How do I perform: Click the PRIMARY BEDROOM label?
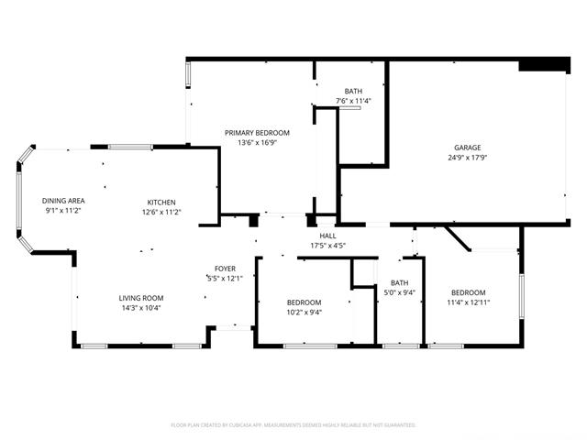(x=257, y=133)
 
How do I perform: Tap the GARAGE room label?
(x=467, y=148)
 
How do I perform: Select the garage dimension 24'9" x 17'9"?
(x=467, y=158)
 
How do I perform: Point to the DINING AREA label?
(x=63, y=201)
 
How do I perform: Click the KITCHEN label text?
(x=161, y=203)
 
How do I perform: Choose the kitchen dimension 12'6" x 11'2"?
(x=161, y=212)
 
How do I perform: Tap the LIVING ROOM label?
(x=141, y=298)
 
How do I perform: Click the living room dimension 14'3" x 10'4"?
(x=141, y=308)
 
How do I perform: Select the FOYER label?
(x=225, y=269)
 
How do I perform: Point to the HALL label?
(x=327, y=236)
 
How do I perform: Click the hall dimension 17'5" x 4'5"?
(x=327, y=246)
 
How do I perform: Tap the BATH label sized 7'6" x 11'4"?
(x=353, y=92)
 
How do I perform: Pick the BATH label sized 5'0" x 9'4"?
(x=400, y=283)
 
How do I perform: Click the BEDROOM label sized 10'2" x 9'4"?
(x=304, y=302)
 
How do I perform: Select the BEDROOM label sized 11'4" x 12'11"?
(x=469, y=292)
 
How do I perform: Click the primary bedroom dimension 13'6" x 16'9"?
(x=257, y=143)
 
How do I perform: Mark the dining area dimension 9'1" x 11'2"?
(x=63, y=211)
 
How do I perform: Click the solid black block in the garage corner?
(x=544, y=64)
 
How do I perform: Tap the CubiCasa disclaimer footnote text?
(x=293, y=425)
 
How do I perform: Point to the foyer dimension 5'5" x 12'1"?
(x=225, y=279)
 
